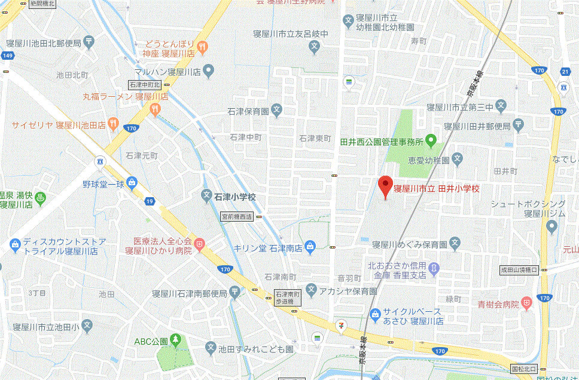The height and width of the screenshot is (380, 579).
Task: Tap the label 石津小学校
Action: [236, 196]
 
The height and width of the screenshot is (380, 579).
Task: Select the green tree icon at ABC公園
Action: [175, 341]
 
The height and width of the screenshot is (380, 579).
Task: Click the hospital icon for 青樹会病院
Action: [526, 303]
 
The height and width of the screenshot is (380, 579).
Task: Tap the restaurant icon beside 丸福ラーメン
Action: [156, 108]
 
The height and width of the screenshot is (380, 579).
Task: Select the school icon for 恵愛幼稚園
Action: [458, 160]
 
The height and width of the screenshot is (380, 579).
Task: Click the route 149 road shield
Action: [7, 56]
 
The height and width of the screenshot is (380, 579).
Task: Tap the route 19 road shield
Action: [149, 201]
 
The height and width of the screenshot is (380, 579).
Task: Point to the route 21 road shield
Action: [565, 72]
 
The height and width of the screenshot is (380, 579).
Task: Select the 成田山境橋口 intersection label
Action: [519, 270]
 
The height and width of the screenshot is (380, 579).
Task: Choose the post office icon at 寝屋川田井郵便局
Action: [518, 125]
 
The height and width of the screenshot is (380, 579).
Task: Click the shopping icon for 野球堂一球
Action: [131, 183]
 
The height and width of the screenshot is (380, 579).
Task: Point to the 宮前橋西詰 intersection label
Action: [237, 217]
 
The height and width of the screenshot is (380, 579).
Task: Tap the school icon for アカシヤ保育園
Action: [310, 290]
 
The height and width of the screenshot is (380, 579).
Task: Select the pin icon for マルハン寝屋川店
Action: [208, 72]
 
